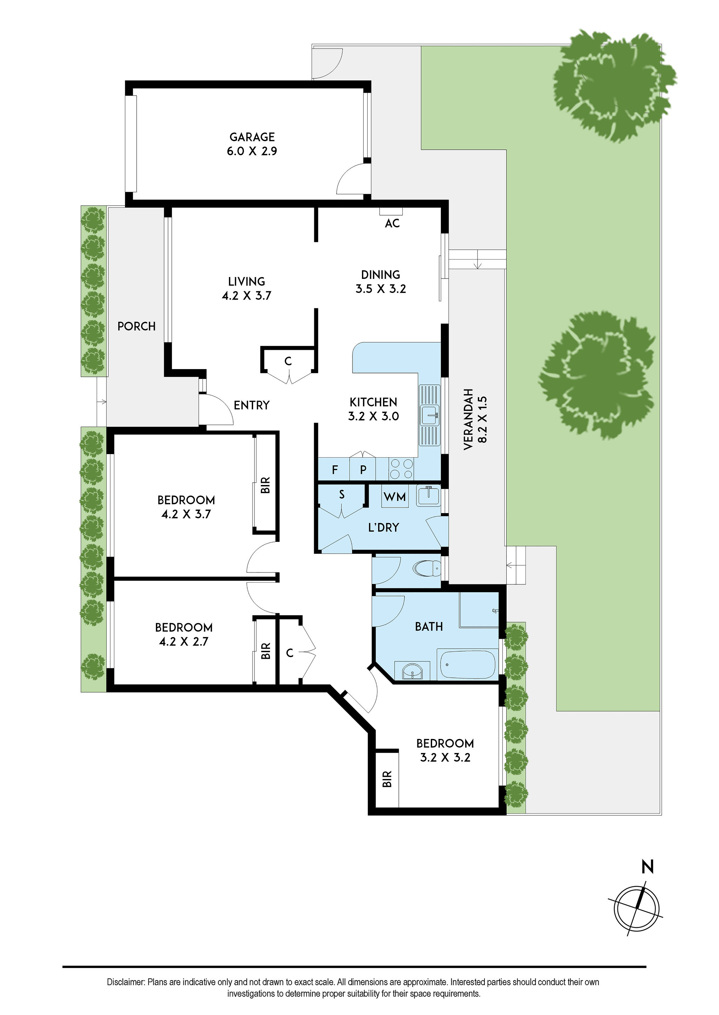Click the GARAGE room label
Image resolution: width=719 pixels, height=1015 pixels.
[252, 137]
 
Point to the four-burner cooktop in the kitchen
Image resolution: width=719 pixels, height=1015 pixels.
[401, 469]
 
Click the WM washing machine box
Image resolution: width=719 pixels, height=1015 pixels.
[395, 497]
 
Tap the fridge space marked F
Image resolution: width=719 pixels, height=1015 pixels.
[334, 470]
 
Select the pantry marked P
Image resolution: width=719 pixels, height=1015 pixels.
[363, 470]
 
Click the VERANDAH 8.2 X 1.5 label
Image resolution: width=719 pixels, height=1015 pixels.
[475, 419]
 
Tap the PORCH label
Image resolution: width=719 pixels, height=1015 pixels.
[136, 326]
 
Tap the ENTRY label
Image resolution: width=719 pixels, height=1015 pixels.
[251, 405]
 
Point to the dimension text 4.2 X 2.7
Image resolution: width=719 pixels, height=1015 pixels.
[183, 642]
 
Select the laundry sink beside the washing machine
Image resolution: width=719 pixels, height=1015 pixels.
[428, 496]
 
